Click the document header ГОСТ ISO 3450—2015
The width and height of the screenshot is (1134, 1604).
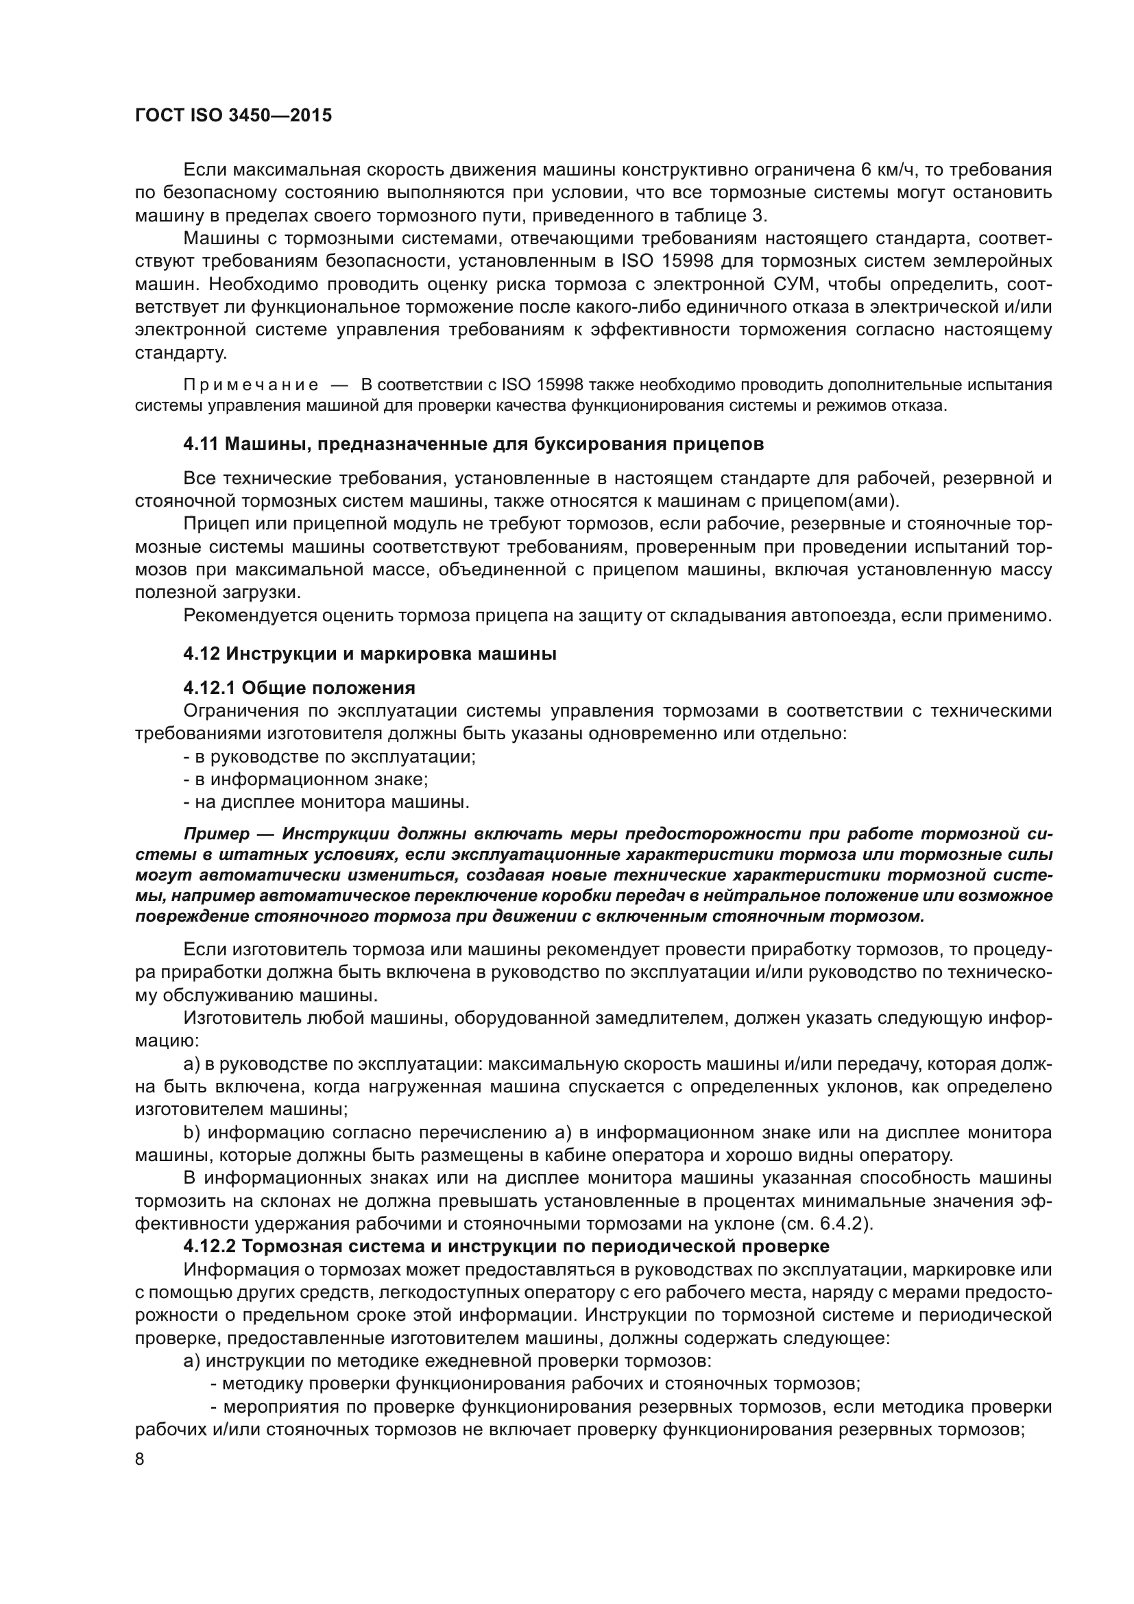click(232, 116)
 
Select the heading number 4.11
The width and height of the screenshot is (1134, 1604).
click(201, 444)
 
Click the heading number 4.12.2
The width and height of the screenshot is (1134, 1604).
click(210, 1246)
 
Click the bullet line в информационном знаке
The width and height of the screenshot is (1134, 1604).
click(306, 779)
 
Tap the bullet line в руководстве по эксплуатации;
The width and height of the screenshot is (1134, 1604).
click(329, 756)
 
